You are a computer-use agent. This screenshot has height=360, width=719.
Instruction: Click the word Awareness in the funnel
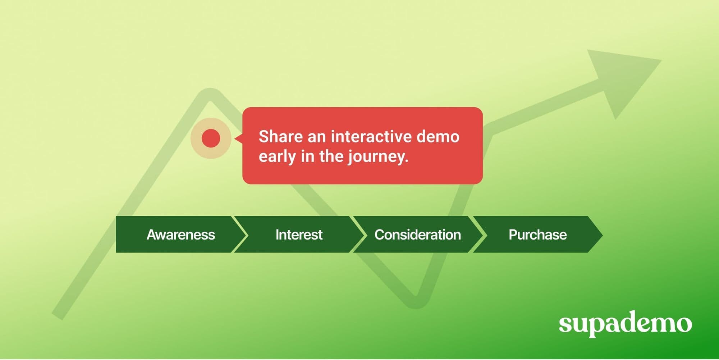[180, 235]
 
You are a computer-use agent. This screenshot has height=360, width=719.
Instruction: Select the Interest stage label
[299, 235]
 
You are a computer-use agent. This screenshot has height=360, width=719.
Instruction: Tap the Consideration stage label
[417, 235]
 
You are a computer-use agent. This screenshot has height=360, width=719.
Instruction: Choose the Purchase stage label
[537, 235]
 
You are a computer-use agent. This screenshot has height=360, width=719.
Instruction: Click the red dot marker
[211, 138]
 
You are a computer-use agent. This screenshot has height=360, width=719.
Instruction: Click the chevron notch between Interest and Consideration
[359, 235]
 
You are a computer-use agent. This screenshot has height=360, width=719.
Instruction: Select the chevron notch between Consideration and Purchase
[479, 235]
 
